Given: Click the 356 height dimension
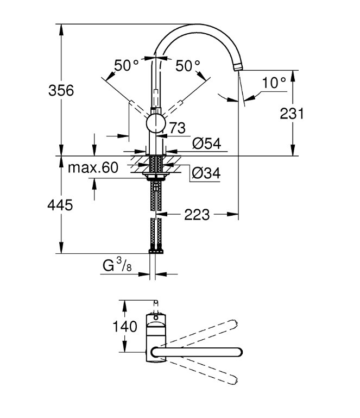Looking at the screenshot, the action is pyautogui.click(x=61, y=90).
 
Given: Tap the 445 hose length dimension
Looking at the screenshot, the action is pyautogui.click(x=60, y=205).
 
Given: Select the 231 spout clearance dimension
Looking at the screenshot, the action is pyautogui.click(x=292, y=114).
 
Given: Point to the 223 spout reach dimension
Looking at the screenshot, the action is pyautogui.click(x=197, y=215).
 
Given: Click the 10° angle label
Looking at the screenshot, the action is pyautogui.click(x=274, y=83).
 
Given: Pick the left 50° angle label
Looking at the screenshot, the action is pyautogui.click(x=127, y=65).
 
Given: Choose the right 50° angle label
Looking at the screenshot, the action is pyautogui.click(x=188, y=65).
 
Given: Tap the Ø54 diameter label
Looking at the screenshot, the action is pyautogui.click(x=207, y=144).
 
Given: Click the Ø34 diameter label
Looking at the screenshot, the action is pyautogui.click(x=206, y=173).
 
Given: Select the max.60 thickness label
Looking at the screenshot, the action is pyautogui.click(x=93, y=167).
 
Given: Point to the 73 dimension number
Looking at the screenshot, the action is pyautogui.click(x=178, y=128).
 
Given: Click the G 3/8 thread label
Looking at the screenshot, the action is pyautogui.click(x=117, y=265).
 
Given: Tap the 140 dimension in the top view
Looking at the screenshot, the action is pyautogui.click(x=125, y=326).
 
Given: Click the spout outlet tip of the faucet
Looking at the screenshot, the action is pyautogui.click(x=238, y=67).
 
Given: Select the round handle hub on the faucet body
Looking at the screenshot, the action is pyautogui.click(x=156, y=123).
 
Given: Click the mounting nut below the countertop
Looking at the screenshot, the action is pyautogui.click(x=156, y=176).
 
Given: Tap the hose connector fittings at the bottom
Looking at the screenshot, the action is pyautogui.click(x=156, y=251).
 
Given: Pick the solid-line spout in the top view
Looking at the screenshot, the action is pyautogui.click(x=197, y=352).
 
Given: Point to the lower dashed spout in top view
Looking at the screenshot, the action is pyautogui.click(x=202, y=372).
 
